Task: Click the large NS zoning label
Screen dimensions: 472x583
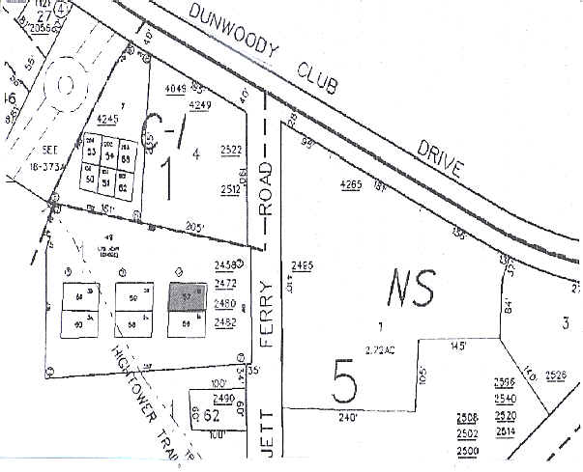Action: click(x=412, y=286)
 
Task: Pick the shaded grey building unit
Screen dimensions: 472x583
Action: click(x=188, y=294)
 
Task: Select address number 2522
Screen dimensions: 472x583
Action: click(x=230, y=150)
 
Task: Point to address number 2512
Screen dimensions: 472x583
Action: click(x=230, y=189)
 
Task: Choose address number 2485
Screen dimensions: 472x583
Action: click(x=302, y=265)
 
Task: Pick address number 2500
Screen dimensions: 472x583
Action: click(x=468, y=452)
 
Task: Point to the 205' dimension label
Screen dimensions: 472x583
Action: click(x=195, y=227)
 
